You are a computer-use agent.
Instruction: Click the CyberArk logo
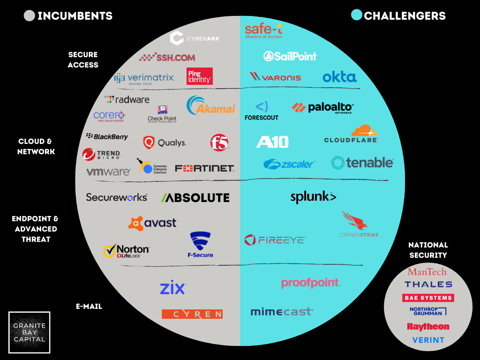195,38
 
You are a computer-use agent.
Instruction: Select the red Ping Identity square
200,76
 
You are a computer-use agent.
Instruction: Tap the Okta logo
339,77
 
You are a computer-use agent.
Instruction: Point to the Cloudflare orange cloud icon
364,130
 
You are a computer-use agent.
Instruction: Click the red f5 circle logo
219,142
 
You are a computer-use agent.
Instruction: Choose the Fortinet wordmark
204,168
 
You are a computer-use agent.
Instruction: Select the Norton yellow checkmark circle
110,251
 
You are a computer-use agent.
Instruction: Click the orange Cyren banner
192,314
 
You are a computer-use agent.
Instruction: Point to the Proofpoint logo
310,283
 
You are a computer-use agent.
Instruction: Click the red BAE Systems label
428,298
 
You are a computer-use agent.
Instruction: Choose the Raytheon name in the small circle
428,327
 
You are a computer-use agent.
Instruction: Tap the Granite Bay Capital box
30,332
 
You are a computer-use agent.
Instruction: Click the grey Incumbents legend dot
29,16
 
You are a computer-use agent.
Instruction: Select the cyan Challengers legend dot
357,15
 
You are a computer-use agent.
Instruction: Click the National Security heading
428,250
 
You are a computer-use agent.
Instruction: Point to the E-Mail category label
89,307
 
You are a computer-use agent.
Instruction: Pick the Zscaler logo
289,164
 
